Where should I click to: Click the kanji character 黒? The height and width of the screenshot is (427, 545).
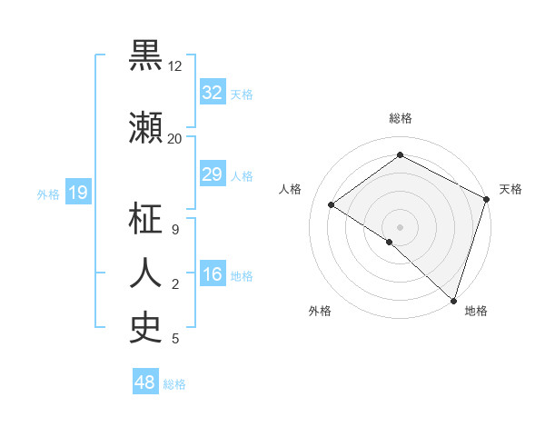(146, 56)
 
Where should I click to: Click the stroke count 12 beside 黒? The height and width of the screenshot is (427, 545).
(175, 66)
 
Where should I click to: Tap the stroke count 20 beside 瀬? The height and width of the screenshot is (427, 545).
(175, 138)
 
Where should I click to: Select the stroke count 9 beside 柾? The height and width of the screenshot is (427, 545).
(175, 229)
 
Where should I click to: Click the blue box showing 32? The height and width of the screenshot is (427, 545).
(212, 93)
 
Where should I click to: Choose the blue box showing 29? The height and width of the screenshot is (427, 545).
(212, 174)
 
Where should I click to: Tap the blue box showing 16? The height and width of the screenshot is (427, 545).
(212, 275)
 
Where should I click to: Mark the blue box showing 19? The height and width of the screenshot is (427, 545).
(77, 193)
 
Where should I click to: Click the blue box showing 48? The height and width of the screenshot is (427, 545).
(144, 382)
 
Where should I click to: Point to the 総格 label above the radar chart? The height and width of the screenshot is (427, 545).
(400, 118)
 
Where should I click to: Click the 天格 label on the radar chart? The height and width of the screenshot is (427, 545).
(510, 189)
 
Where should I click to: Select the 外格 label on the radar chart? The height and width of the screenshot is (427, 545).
(320, 311)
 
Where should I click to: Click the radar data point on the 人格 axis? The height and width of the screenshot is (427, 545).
(332, 204)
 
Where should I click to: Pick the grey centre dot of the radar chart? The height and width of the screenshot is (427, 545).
(400, 226)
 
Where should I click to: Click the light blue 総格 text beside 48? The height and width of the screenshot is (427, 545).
(174, 384)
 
